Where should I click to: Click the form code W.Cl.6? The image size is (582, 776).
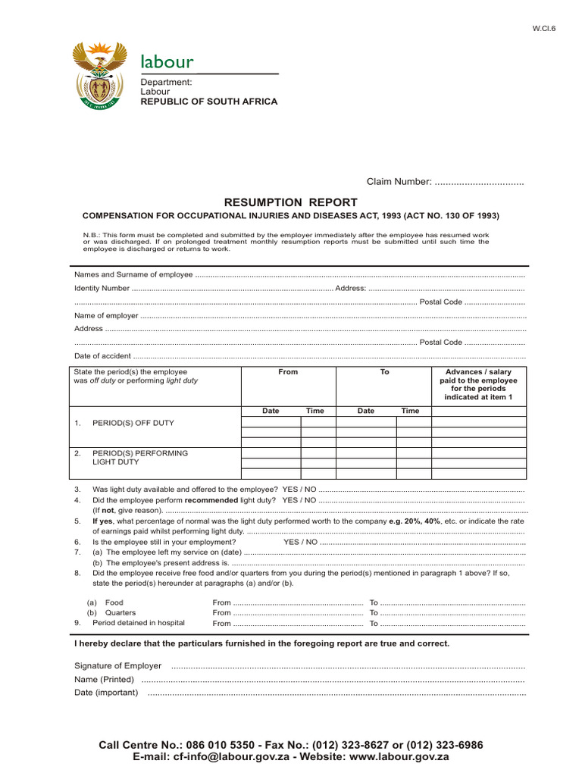pos(543,28)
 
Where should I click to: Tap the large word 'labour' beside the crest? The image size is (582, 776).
pos(167,61)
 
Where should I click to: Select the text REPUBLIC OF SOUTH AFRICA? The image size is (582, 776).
pos(209,102)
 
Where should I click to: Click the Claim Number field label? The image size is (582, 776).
pos(399,182)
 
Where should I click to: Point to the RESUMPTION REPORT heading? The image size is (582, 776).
pos(290,202)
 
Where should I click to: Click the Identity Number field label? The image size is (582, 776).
pos(102,288)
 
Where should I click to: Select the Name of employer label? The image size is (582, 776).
pos(106,315)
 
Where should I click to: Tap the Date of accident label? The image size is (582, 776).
pos(102,355)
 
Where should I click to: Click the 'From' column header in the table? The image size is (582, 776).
pos(288,372)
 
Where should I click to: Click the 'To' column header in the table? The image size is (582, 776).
pos(384,372)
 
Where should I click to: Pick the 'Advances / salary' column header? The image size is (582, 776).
pos(478,372)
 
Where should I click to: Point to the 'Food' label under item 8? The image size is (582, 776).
pos(114,602)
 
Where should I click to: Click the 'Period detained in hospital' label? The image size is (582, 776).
pos(139,623)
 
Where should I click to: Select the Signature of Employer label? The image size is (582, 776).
pos(117,665)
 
